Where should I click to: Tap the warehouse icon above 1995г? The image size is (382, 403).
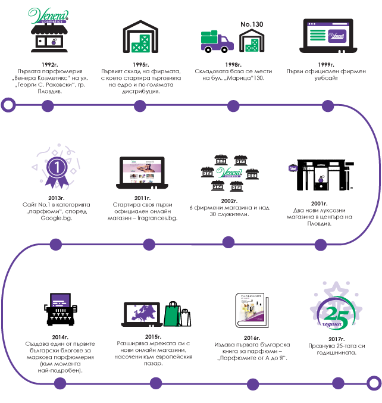click(140, 37)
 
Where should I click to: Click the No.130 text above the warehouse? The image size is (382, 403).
click(252, 24)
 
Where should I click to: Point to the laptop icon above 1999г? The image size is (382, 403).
click(327, 36)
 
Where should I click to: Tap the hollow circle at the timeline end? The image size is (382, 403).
click(374, 382)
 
